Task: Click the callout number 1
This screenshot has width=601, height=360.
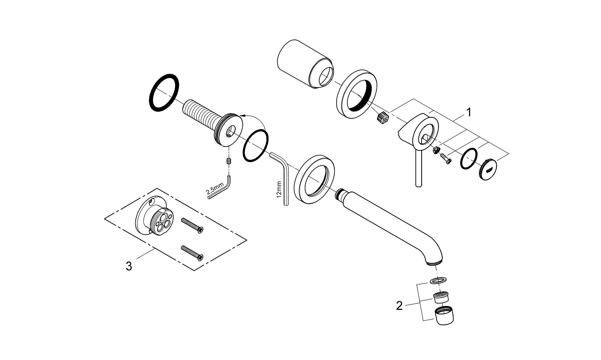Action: pos(468,112)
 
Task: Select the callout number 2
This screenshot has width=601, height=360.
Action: pos(399,306)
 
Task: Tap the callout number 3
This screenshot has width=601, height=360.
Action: pos(129,266)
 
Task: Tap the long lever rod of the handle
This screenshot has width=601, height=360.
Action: pos(418,169)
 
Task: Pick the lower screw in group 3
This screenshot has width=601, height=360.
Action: pos(192,252)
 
